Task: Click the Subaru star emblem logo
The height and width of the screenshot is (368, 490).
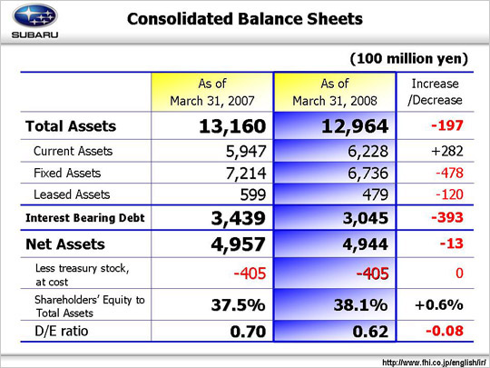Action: click(34, 16)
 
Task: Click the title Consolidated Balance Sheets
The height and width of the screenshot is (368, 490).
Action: click(245, 19)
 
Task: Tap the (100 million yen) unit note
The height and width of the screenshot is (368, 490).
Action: click(409, 58)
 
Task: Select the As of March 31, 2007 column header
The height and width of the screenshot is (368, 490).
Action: click(212, 92)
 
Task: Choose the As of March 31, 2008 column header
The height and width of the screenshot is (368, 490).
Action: click(335, 92)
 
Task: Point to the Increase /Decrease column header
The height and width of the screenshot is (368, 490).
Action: click(435, 92)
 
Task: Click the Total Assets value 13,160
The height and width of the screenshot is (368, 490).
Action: click(232, 126)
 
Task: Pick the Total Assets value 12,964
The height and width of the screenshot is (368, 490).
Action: click(355, 126)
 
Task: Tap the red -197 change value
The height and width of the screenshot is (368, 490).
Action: click(447, 125)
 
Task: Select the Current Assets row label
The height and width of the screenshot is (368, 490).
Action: click(73, 151)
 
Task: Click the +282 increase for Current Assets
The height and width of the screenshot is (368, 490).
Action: click(447, 151)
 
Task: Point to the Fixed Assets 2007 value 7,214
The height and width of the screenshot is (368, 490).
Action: click(246, 174)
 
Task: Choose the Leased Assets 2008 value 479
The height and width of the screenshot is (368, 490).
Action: click(376, 194)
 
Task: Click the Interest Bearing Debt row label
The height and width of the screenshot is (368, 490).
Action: click(85, 218)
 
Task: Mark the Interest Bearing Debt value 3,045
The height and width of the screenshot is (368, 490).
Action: click(366, 218)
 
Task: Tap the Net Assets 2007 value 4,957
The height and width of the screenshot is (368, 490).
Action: click(238, 244)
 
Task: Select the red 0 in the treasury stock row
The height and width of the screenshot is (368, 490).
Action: click(459, 274)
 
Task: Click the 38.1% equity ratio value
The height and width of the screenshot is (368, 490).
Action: click(360, 304)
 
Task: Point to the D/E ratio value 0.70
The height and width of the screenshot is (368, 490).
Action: click(248, 332)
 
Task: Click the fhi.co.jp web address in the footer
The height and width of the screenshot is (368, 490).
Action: click(434, 363)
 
